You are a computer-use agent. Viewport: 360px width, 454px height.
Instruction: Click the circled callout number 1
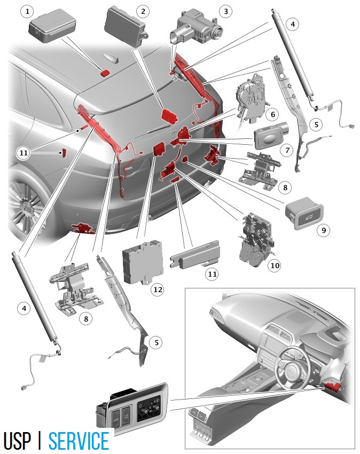[27, 12]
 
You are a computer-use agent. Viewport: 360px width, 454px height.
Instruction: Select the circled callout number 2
[143, 12]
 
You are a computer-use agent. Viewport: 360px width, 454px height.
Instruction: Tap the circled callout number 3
[226, 12]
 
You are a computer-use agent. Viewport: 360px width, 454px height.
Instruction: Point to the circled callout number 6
[273, 114]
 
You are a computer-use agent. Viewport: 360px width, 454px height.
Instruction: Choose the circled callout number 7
[287, 150]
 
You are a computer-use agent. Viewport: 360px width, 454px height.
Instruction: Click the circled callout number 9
[324, 230]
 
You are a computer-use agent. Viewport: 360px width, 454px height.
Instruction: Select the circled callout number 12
[158, 289]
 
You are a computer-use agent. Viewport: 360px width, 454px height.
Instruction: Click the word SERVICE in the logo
[79, 441]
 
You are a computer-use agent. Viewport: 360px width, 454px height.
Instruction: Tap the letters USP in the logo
[17, 441]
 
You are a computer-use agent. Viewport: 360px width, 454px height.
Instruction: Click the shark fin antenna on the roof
[112, 58]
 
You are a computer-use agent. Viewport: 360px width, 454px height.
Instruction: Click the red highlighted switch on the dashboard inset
[332, 387]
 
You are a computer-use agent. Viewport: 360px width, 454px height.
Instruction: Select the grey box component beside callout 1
[52, 26]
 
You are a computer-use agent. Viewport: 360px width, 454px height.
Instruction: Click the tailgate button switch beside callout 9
[304, 214]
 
